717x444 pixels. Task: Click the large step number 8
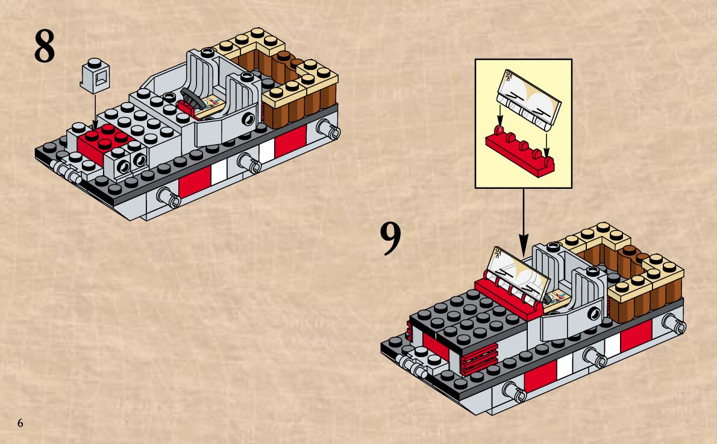44,46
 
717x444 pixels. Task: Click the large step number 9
390,239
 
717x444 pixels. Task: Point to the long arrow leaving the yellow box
523,221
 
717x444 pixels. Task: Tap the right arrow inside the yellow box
546,144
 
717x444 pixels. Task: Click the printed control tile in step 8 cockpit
211,105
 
